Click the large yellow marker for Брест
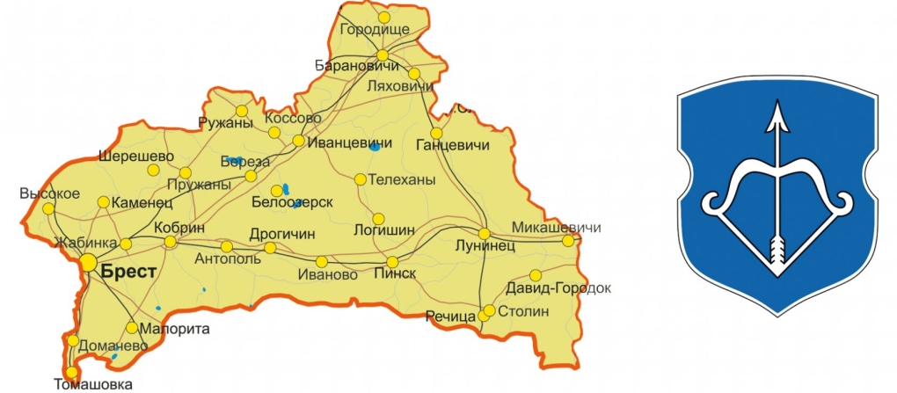coord(88,262)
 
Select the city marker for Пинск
coord(393,262)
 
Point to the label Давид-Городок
coord(558,289)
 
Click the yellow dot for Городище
coord(383,17)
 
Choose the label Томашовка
coord(93,384)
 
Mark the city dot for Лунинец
coord(485,233)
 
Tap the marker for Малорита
coord(132,328)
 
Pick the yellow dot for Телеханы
coord(360,179)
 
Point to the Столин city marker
coord(489,311)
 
